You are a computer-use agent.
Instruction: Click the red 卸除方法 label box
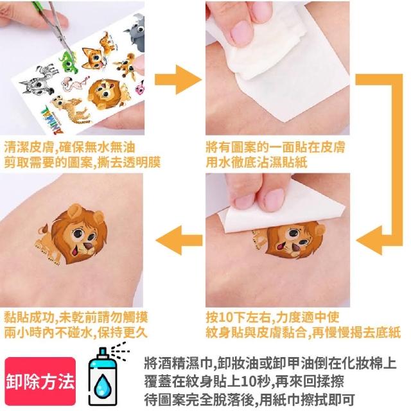40,381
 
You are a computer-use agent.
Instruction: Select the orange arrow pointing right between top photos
178,80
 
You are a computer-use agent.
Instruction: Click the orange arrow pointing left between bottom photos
179,240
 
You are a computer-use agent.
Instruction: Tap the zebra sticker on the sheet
39,80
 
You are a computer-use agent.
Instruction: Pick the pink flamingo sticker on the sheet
74,84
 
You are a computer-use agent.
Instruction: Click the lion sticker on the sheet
108,94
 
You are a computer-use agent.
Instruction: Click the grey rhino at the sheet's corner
135,33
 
